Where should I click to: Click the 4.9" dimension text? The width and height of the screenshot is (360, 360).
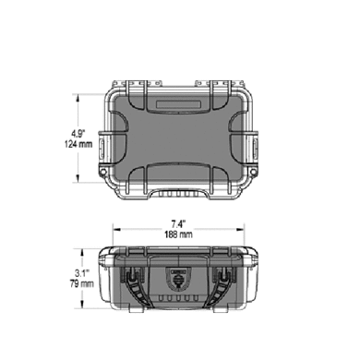click(x=78, y=134)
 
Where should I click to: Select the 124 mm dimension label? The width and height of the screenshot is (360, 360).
click(x=78, y=144)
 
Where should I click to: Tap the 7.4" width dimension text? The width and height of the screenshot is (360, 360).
click(x=179, y=223)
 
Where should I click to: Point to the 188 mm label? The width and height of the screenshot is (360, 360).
click(x=178, y=234)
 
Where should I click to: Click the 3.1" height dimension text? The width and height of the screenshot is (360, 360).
click(x=82, y=273)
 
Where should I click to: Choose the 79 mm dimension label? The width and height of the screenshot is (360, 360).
click(x=81, y=283)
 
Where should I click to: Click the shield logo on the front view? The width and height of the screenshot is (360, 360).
click(x=177, y=278)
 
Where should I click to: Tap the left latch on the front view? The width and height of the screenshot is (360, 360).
click(x=136, y=286)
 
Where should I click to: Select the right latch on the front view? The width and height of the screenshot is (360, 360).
click(x=221, y=286)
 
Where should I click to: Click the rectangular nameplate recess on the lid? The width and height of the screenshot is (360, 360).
click(x=178, y=104)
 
